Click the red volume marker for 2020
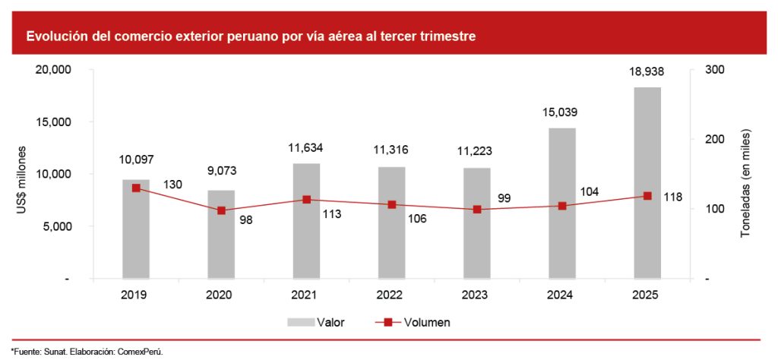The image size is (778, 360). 221,210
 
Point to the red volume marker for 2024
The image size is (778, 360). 562,206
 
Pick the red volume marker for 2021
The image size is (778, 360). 307,200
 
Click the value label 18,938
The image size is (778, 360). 647,72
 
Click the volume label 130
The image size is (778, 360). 172,185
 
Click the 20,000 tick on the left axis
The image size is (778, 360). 54,70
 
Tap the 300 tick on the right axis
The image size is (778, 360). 716,70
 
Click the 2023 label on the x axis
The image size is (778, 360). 477,295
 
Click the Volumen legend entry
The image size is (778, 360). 414,322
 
